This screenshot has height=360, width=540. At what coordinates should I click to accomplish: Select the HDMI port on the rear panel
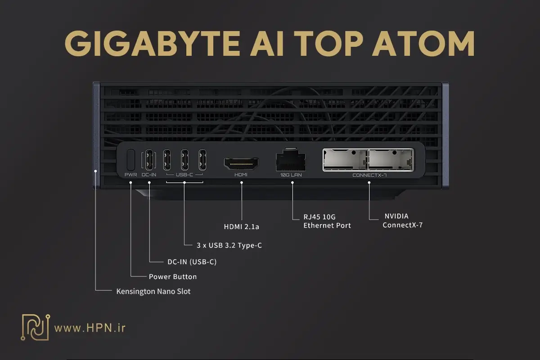pyautogui.click(x=241, y=163)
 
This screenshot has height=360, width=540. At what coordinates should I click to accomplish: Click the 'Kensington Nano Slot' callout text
pyautogui.click(x=153, y=292)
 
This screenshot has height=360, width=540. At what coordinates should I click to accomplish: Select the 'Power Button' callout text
pyautogui.click(x=173, y=276)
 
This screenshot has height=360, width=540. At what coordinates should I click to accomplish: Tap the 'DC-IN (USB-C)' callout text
pyautogui.click(x=189, y=261)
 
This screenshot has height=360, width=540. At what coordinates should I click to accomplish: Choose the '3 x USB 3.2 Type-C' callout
pyautogui.click(x=229, y=246)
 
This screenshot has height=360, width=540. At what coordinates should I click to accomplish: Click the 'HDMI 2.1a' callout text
pyautogui.click(x=242, y=227)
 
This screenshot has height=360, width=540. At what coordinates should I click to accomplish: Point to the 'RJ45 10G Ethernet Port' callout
pyautogui.click(x=327, y=220)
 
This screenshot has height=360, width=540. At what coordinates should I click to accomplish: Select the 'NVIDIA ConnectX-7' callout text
pyautogui.click(x=402, y=220)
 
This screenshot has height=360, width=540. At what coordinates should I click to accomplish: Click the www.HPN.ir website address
pyautogui.click(x=90, y=328)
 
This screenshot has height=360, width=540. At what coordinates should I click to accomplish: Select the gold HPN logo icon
pyautogui.click(x=35, y=327)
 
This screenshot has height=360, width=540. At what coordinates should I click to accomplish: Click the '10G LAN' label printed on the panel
pyautogui.click(x=291, y=175)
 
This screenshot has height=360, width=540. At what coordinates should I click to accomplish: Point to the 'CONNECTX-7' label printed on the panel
pyautogui.click(x=369, y=175)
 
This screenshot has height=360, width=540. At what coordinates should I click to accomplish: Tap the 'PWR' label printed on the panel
pyautogui.click(x=131, y=175)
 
